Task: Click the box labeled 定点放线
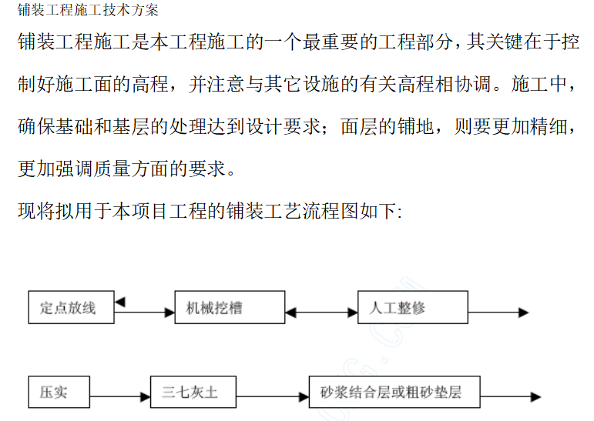pos(71,307)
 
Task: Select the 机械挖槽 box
pos(230,307)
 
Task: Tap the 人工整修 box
pos(413,307)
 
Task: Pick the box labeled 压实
pos(59,392)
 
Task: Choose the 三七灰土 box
pos(193,392)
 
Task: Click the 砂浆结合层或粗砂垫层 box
pos(394,392)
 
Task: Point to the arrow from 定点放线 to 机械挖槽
pos(144,312)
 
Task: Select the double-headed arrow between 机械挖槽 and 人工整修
pos(321,312)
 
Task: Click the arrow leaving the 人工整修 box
pos(498,312)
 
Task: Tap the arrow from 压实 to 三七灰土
pos(120,397)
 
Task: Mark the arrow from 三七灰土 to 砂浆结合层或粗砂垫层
pos(273,397)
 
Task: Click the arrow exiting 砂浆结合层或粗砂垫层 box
pos(511,397)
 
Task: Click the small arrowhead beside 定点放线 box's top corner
pos(119,302)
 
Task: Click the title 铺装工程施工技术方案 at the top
pos(88,10)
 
